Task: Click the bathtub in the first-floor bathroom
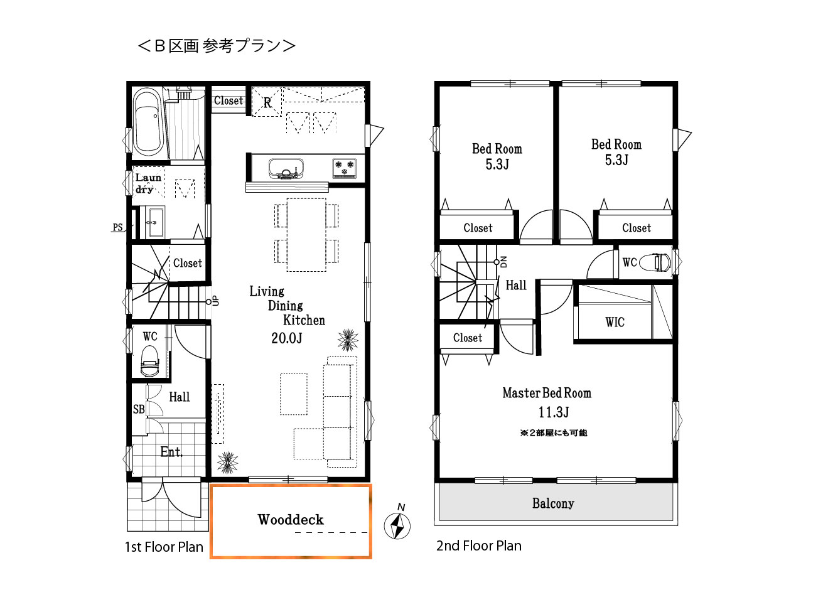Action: click(x=148, y=122)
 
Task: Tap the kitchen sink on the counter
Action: click(x=286, y=168)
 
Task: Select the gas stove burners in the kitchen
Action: click(x=344, y=168)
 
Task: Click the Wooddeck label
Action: click(x=291, y=520)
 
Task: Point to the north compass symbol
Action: click(x=397, y=525)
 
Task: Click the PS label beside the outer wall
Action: click(x=118, y=227)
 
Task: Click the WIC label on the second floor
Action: click(x=615, y=323)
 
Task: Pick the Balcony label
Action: click(x=553, y=503)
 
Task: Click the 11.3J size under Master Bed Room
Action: click(x=553, y=412)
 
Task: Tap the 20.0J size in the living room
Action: click(x=287, y=338)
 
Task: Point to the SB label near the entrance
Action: click(x=139, y=409)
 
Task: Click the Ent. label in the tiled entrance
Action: click(x=171, y=452)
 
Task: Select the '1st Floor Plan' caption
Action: click(x=164, y=547)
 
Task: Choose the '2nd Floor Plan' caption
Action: click(x=479, y=546)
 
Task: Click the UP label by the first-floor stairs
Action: click(x=216, y=301)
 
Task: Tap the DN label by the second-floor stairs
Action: click(x=503, y=262)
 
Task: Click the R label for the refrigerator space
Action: click(x=267, y=103)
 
